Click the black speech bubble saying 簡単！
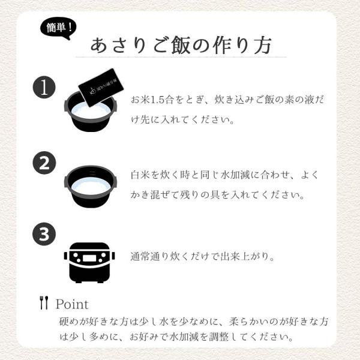point(58,28)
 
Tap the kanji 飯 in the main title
point(181,45)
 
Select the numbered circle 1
point(44,87)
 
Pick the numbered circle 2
point(44,163)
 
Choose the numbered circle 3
point(44,234)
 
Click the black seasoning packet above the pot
point(101,87)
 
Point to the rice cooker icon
point(89,262)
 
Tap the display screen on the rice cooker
point(89,258)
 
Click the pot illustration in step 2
point(91,187)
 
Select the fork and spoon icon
point(44,302)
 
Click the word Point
point(72,304)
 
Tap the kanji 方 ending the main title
point(263,45)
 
